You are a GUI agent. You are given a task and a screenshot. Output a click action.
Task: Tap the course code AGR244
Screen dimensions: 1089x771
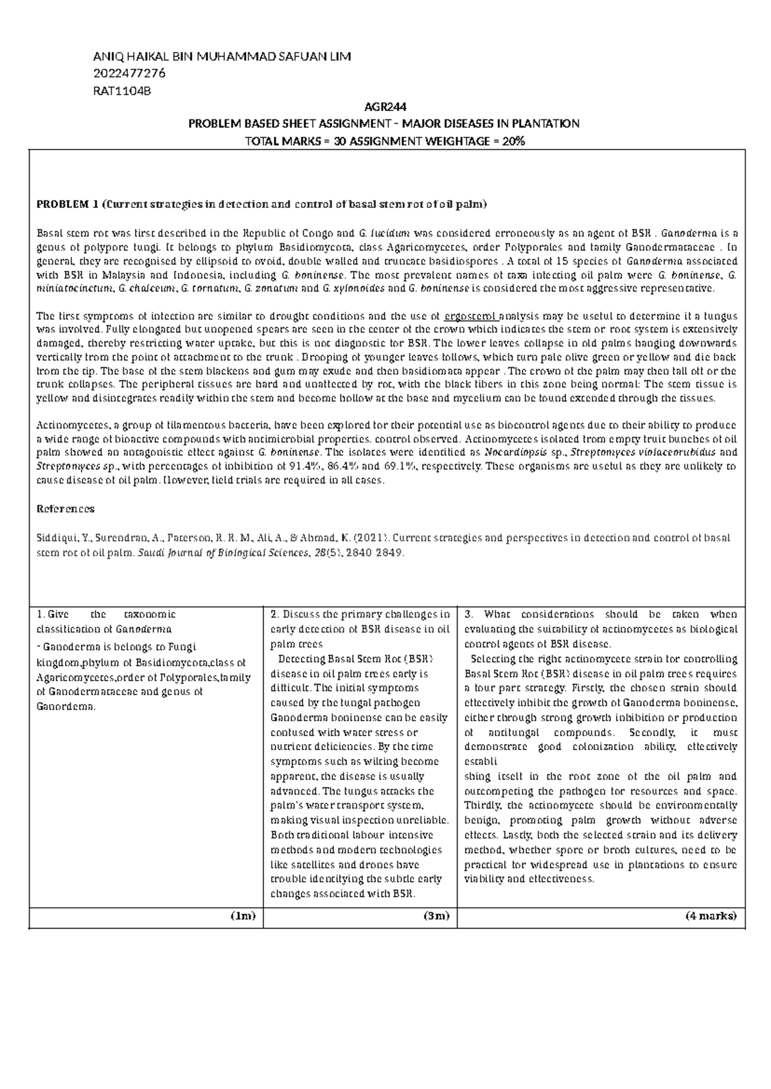click(386, 107)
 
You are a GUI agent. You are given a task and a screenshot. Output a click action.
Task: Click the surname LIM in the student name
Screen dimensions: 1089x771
click(339, 57)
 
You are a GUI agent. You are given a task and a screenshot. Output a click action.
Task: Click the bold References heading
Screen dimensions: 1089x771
click(66, 509)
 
